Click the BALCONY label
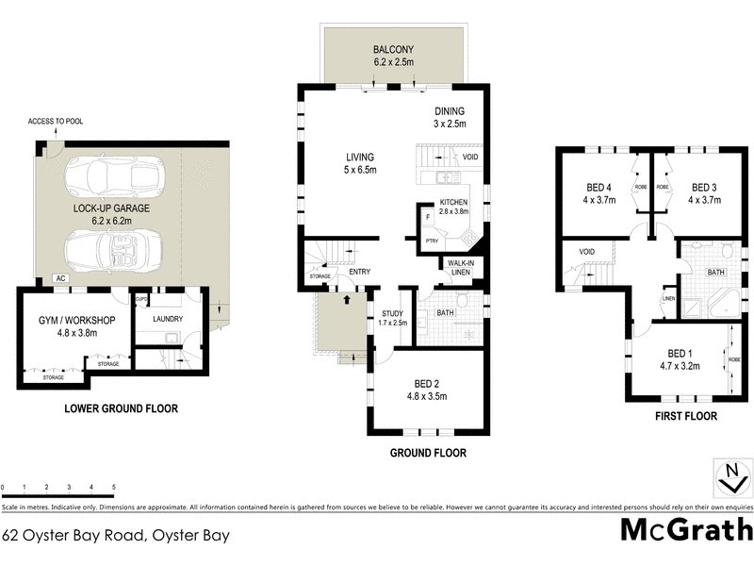coord(394,49)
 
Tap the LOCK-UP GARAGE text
coord(112,207)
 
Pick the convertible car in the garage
coord(112,250)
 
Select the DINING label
coord(450,110)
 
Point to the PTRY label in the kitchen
coord(432,241)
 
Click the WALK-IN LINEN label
coord(460,268)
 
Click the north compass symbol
coord(730,478)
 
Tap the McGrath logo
coord(685,530)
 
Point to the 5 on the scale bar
coord(114,488)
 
